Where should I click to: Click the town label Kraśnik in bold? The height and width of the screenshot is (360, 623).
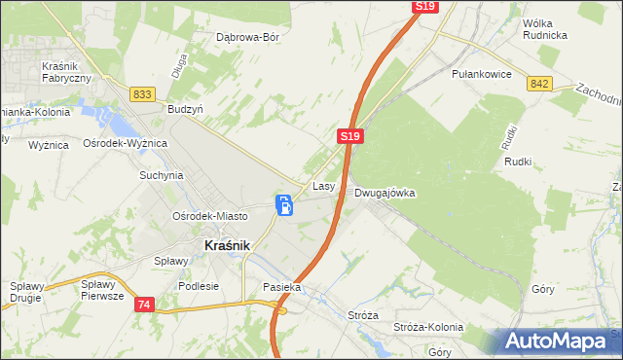pyautogui.click(x=227, y=246)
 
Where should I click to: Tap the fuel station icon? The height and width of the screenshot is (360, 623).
pyautogui.click(x=284, y=205)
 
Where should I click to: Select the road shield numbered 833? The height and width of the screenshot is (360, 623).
pyautogui.click(x=143, y=93)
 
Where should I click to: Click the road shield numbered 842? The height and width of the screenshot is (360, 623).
pyautogui.click(x=541, y=84)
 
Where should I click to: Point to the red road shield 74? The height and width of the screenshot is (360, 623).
pyautogui.click(x=144, y=305)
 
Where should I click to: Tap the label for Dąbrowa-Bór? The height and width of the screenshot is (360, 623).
pyautogui.click(x=247, y=39)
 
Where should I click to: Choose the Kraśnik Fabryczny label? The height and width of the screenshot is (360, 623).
pyautogui.click(x=66, y=72)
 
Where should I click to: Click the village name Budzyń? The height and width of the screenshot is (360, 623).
pyautogui.click(x=185, y=110)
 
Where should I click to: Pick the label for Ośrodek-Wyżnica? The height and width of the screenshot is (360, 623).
pyautogui.click(x=126, y=143)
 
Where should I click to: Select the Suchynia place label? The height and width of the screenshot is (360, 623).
pyautogui.click(x=162, y=176)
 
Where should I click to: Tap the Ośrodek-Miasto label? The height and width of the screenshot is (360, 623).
pyautogui.click(x=209, y=216)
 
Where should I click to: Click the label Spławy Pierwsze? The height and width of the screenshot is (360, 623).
pyautogui.click(x=102, y=290)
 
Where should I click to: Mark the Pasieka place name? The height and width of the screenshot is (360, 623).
pyautogui.click(x=282, y=288)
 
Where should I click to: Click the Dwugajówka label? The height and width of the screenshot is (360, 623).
pyautogui.click(x=385, y=193)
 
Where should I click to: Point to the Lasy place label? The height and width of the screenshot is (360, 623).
pyautogui.click(x=324, y=185)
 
